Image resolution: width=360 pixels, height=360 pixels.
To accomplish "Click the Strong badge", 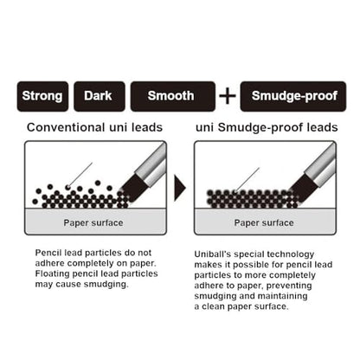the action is point(42,96).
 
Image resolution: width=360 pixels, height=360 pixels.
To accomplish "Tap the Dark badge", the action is point(100,96).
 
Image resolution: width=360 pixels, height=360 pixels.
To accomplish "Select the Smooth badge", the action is point(173,96).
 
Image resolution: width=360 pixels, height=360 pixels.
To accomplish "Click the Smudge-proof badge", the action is point(293,96).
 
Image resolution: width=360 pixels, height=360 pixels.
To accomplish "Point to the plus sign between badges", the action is point(228,96).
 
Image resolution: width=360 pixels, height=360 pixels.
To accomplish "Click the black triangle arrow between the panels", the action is point(180,188).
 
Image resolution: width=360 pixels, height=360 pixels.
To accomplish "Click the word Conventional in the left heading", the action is point(66,127).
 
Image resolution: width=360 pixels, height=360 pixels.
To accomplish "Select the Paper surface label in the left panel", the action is point(93,222).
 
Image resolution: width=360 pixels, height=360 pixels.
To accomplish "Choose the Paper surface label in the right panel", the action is point(264,222).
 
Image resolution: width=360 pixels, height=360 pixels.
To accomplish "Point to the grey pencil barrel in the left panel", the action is point(151,165).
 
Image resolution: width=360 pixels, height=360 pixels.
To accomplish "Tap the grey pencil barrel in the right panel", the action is point(321,165).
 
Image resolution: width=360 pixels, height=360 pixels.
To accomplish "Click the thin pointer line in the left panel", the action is point(80,175).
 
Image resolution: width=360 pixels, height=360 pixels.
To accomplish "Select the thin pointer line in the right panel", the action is point(247,179).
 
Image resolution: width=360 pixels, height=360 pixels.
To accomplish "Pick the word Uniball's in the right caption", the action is point(213,254).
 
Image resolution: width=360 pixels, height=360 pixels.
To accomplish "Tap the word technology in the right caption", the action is point(291,254).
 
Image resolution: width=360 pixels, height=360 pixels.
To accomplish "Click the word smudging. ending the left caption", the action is point(106,285).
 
